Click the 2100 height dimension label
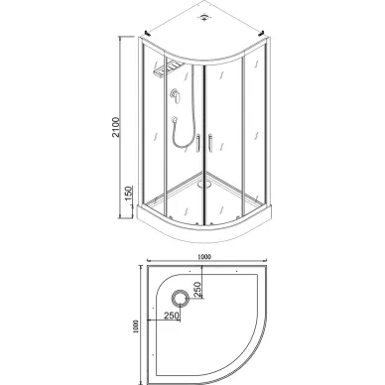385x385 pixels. [x=116, y=127]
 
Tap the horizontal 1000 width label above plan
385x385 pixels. [x=204, y=257]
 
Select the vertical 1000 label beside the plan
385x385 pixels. [x=136, y=326]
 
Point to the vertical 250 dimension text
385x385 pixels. [x=197, y=290]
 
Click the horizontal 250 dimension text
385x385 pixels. [x=172, y=316]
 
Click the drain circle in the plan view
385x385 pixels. [x=181, y=299]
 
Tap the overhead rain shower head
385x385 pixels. [x=167, y=69]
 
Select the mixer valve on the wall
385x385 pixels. [x=175, y=95]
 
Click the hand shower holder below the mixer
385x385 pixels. [x=175, y=119]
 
